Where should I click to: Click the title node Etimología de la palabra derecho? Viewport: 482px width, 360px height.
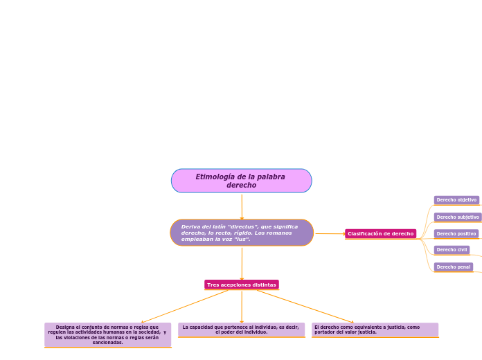click(242, 181)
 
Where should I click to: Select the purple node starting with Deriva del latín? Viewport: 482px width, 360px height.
click(242, 233)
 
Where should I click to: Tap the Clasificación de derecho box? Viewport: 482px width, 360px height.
click(381, 233)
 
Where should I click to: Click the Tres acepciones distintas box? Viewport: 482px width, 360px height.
click(242, 285)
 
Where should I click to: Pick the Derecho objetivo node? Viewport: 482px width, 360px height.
click(456, 200)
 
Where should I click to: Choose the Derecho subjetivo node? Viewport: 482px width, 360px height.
click(458, 217)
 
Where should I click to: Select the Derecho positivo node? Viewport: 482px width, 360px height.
click(456, 233)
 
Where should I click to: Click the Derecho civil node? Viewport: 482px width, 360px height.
click(452, 250)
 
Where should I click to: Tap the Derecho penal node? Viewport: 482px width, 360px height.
click(454, 267)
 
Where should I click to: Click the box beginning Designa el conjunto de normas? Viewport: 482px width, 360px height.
click(107, 335)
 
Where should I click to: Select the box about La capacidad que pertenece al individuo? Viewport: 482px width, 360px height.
click(241, 330)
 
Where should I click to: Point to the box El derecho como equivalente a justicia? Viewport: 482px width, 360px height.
click(375, 330)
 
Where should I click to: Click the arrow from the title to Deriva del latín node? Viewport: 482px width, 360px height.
click(242, 207)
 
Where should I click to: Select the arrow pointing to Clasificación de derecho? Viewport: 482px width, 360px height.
click(330, 233)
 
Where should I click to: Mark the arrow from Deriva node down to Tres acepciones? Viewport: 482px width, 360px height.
click(242, 264)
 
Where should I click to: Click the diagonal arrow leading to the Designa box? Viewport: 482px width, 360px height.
click(184, 307)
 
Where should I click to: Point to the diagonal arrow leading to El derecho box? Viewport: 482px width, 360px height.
click(305, 307)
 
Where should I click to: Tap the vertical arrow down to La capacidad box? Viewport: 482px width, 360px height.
click(242, 307)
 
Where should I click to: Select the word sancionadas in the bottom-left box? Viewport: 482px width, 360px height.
click(107, 343)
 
